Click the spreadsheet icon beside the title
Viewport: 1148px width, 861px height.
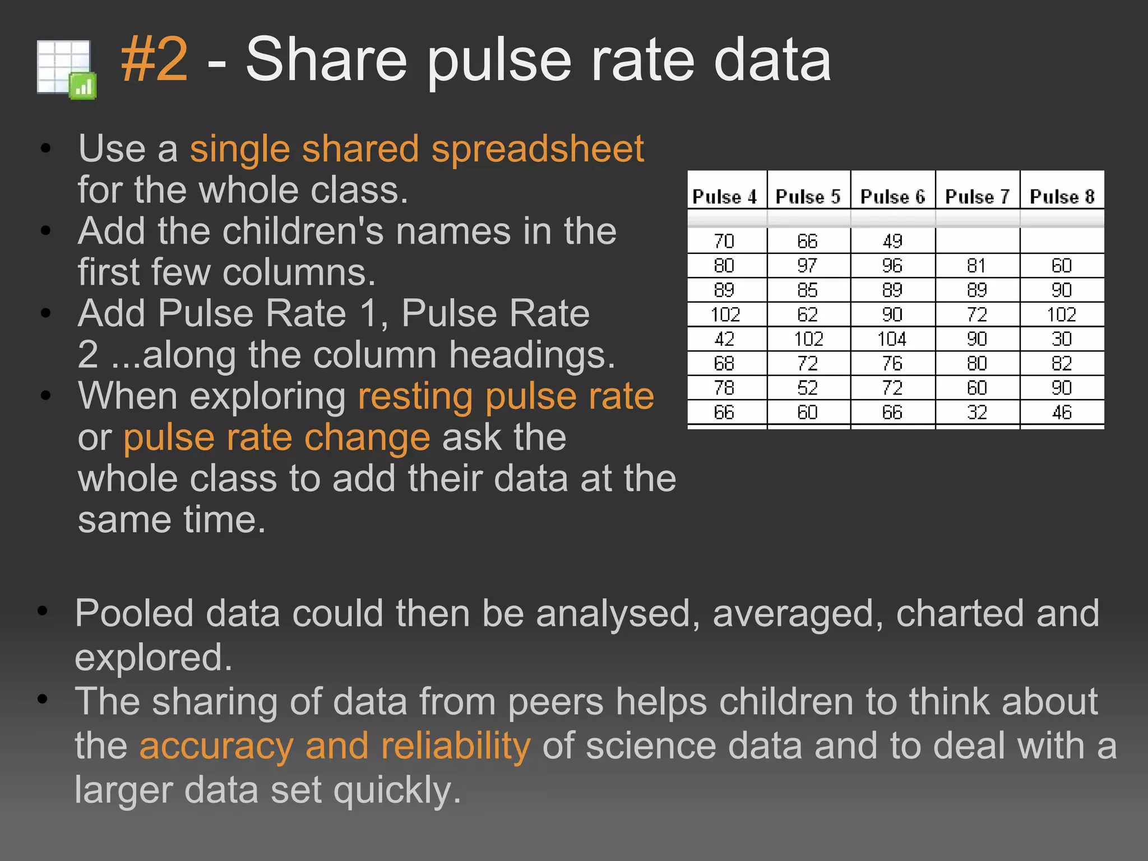(x=66, y=70)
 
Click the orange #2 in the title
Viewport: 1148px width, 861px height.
(x=154, y=59)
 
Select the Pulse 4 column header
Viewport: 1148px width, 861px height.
(x=725, y=197)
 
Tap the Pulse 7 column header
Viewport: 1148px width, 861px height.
(x=977, y=197)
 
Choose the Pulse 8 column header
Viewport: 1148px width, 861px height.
(x=1062, y=197)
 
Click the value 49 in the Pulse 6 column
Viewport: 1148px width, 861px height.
(x=892, y=241)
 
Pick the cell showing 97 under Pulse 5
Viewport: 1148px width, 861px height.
(x=807, y=265)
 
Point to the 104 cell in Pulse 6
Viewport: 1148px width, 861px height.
(x=892, y=339)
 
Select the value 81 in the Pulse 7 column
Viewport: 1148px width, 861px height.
(x=976, y=265)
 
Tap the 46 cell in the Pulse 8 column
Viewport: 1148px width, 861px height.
(x=1062, y=413)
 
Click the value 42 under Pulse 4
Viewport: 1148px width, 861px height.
(x=724, y=339)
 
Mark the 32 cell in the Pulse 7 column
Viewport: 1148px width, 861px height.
(x=976, y=413)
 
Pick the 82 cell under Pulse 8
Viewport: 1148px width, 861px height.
(x=1062, y=363)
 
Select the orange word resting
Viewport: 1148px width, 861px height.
(x=415, y=396)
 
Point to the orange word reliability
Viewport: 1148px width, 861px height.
(x=455, y=746)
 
